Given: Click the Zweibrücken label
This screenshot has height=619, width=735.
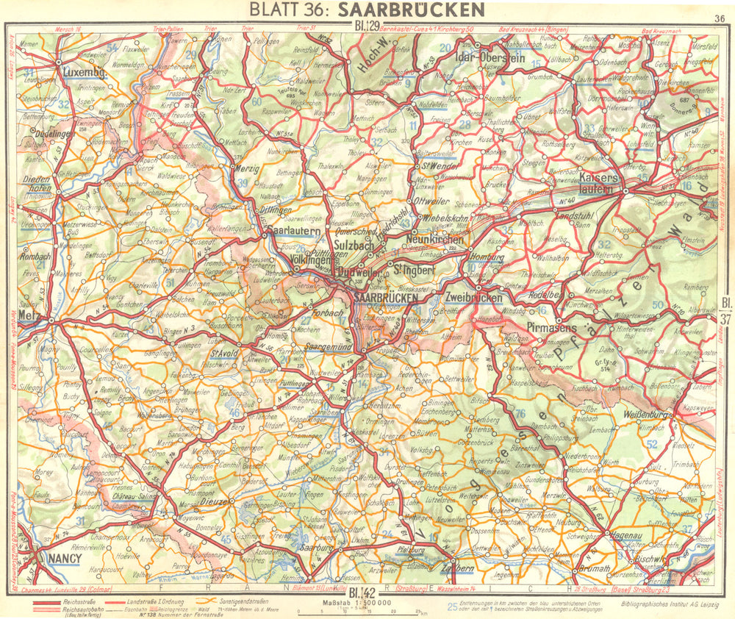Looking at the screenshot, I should (x=473, y=298).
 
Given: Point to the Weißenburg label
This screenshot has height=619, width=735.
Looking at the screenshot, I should (x=644, y=416).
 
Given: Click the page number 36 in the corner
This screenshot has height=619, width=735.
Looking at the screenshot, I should (x=718, y=18).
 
